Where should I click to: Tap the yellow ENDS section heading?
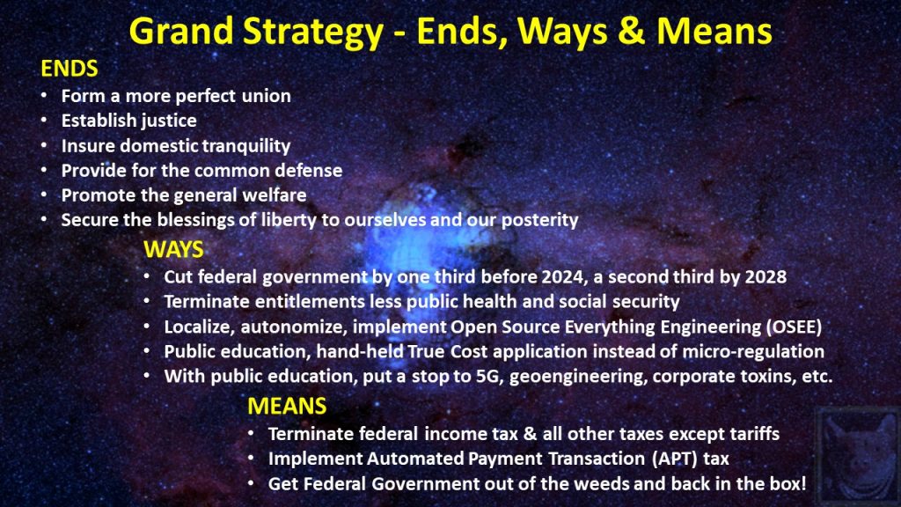click(x=70, y=69)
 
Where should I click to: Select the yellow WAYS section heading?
click(x=173, y=249)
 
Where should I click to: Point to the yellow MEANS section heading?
click(x=287, y=407)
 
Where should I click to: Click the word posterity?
click(x=539, y=220)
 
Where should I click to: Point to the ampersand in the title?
click(x=632, y=33)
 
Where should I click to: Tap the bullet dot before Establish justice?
click(x=44, y=120)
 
